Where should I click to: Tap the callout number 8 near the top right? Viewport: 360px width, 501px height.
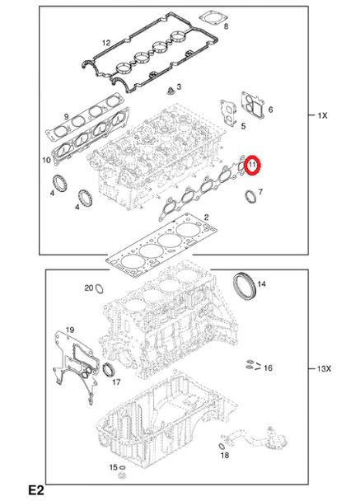pos(227,27)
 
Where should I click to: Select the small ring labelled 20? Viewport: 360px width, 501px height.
pos(98,288)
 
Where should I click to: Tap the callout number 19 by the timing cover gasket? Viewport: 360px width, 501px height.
pos(71,330)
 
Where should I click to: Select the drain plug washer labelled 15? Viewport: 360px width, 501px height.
pos(122,477)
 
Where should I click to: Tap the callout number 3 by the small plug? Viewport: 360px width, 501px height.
pos(180,87)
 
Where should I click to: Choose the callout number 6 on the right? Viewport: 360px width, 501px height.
pos(270,110)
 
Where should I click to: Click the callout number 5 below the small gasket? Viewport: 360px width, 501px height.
pos(243,126)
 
